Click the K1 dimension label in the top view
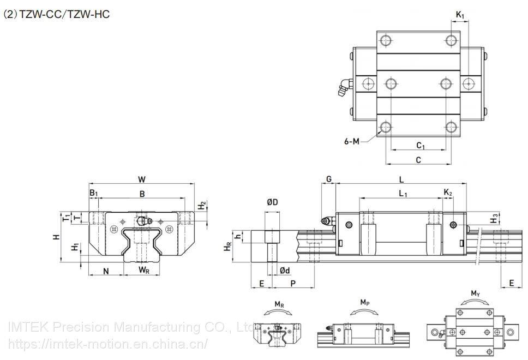(460, 15)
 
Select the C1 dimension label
(421, 146)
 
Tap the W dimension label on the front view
(142, 179)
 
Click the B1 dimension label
(93, 193)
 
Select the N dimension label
(106, 271)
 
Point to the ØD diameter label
(273, 202)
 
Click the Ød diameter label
(284, 270)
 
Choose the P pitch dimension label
(293, 283)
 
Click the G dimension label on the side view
(328, 179)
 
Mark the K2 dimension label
(448, 193)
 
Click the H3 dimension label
(494, 219)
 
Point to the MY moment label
(476, 294)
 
